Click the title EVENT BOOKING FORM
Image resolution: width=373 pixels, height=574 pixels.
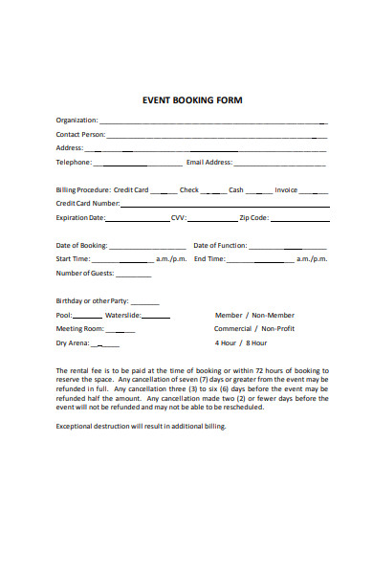click(192, 99)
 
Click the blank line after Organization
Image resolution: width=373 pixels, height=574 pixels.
click(212, 122)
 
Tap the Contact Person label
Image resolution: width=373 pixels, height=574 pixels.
click(80, 135)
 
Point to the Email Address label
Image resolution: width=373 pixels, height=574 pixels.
click(209, 163)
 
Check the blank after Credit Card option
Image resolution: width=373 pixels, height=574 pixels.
click(164, 191)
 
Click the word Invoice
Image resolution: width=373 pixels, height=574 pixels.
click(286, 190)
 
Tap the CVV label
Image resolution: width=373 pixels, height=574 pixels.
click(178, 218)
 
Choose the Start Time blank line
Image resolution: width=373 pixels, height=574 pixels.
click(121, 260)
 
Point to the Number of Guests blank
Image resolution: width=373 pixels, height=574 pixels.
click(134, 276)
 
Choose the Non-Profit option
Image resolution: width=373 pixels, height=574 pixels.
click(278, 329)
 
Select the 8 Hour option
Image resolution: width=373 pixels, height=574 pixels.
click(256, 342)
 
